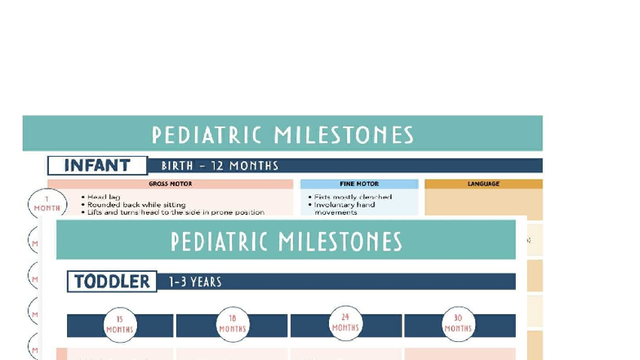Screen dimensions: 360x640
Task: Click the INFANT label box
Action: (97, 166)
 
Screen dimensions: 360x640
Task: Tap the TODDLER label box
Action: (112, 282)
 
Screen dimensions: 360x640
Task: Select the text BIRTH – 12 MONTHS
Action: (220, 166)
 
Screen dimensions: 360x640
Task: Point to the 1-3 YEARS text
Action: (195, 282)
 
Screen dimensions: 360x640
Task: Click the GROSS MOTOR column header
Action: (170, 184)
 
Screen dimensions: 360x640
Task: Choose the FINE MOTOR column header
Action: (359, 184)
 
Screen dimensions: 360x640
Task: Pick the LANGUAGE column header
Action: (483, 184)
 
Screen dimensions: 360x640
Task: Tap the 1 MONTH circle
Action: (47, 204)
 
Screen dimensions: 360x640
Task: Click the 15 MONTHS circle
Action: (120, 325)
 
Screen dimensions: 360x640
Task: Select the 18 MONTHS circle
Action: (233, 325)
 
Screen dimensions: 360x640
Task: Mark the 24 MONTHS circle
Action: (345, 323)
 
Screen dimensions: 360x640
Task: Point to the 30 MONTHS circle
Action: (458, 325)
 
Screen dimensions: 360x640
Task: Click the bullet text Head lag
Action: (103, 197)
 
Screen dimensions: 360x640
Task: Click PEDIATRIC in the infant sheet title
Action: (207, 135)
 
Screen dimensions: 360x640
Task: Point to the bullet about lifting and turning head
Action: (175, 212)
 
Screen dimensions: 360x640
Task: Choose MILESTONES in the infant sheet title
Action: (344, 135)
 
